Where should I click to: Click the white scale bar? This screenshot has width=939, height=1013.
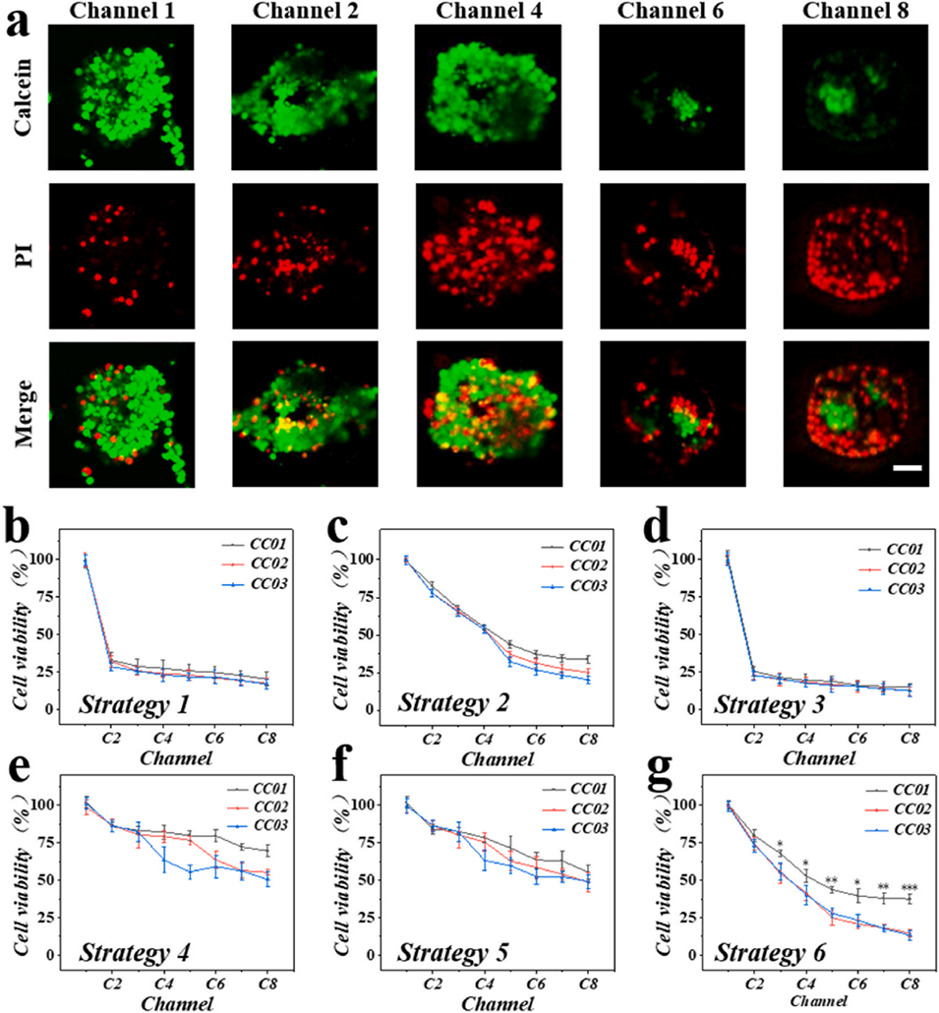point(907,468)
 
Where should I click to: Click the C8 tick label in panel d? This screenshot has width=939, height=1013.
point(909,737)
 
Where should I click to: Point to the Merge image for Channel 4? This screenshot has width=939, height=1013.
point(488,413)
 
